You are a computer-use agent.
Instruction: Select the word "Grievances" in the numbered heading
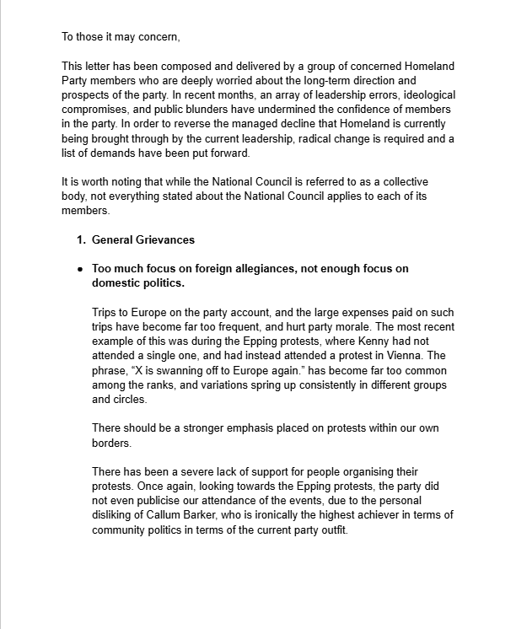[164, 239]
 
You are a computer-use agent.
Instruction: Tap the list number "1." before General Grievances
[82, 239]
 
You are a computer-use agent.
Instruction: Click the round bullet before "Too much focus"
[80, 269]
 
